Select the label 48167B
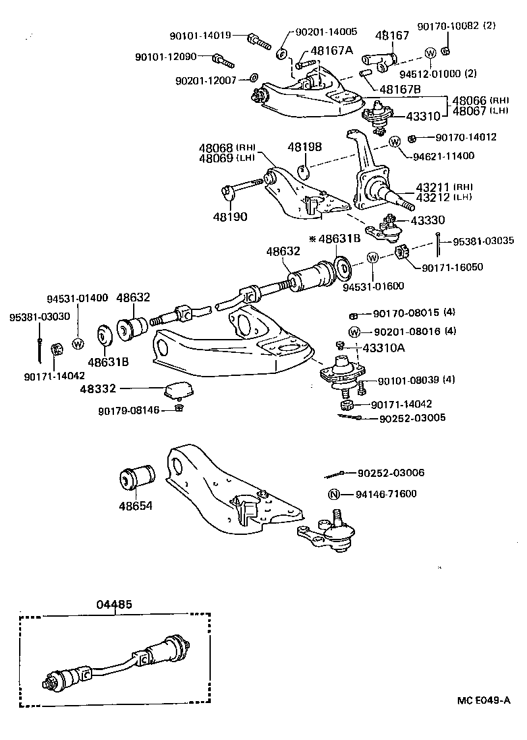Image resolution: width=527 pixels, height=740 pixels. click(399, 88)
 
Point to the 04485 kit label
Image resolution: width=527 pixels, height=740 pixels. click(115, 603)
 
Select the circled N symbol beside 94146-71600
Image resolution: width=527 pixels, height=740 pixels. click(334, 494)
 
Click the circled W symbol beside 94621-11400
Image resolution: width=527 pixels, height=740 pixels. click(395, 142)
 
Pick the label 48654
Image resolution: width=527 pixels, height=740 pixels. click(135, 506)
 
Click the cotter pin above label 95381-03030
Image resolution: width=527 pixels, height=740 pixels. click(42, 350)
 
